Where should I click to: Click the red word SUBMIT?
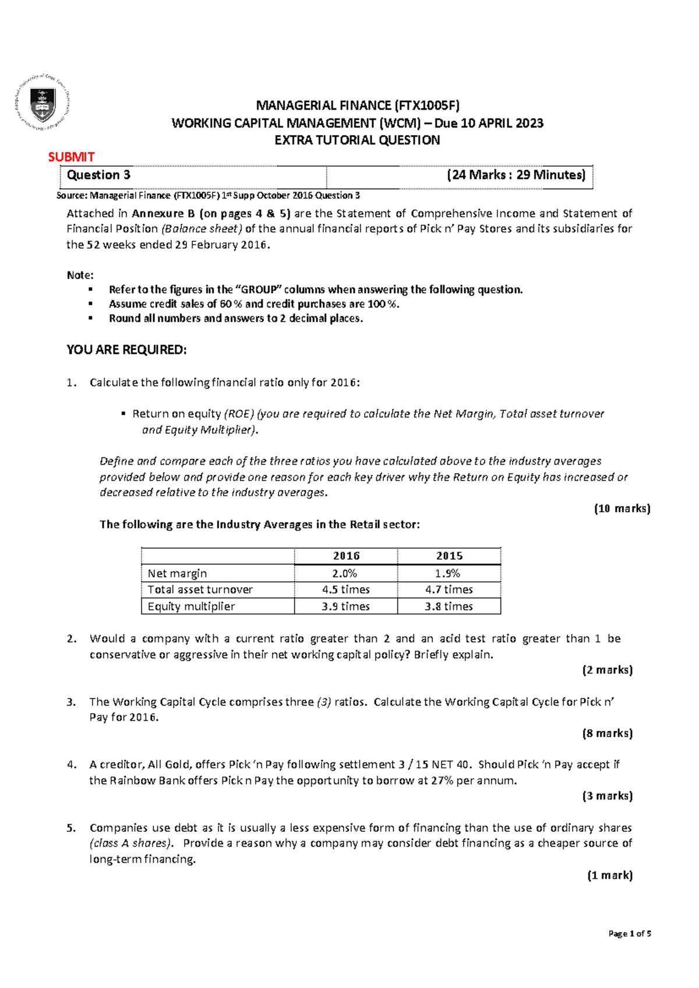click(71, 157)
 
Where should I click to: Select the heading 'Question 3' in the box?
click(98, 175)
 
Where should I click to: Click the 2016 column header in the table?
click(346, 556)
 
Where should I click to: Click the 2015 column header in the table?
click(449, 556)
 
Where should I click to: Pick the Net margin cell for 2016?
click(345, 573)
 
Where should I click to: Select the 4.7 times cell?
click(449, 590)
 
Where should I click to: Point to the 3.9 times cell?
click(345, 606)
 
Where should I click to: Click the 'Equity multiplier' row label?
click(191, 606)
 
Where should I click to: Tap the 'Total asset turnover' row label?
click(200, 590)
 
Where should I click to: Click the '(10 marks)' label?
click(622, 509)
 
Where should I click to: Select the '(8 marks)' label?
click(607, 733)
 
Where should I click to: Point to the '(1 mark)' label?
click(609, 875)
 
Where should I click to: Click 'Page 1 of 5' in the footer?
click(629, 933)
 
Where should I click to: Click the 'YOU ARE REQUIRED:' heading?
click(126, 350)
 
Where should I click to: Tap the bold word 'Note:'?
click(80, 275)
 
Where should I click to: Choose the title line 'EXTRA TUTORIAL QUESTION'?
click(357, 140)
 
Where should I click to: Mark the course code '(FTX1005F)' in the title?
click(427, 105)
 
